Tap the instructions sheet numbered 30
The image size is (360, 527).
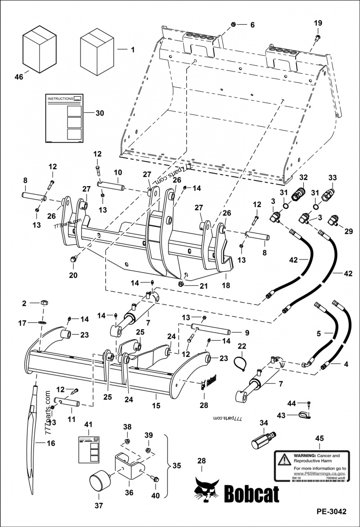pos(65,118)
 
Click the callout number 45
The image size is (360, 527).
pos(319,438)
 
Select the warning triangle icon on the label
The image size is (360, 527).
pos(284,459)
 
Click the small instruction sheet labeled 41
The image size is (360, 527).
pos(89,448)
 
